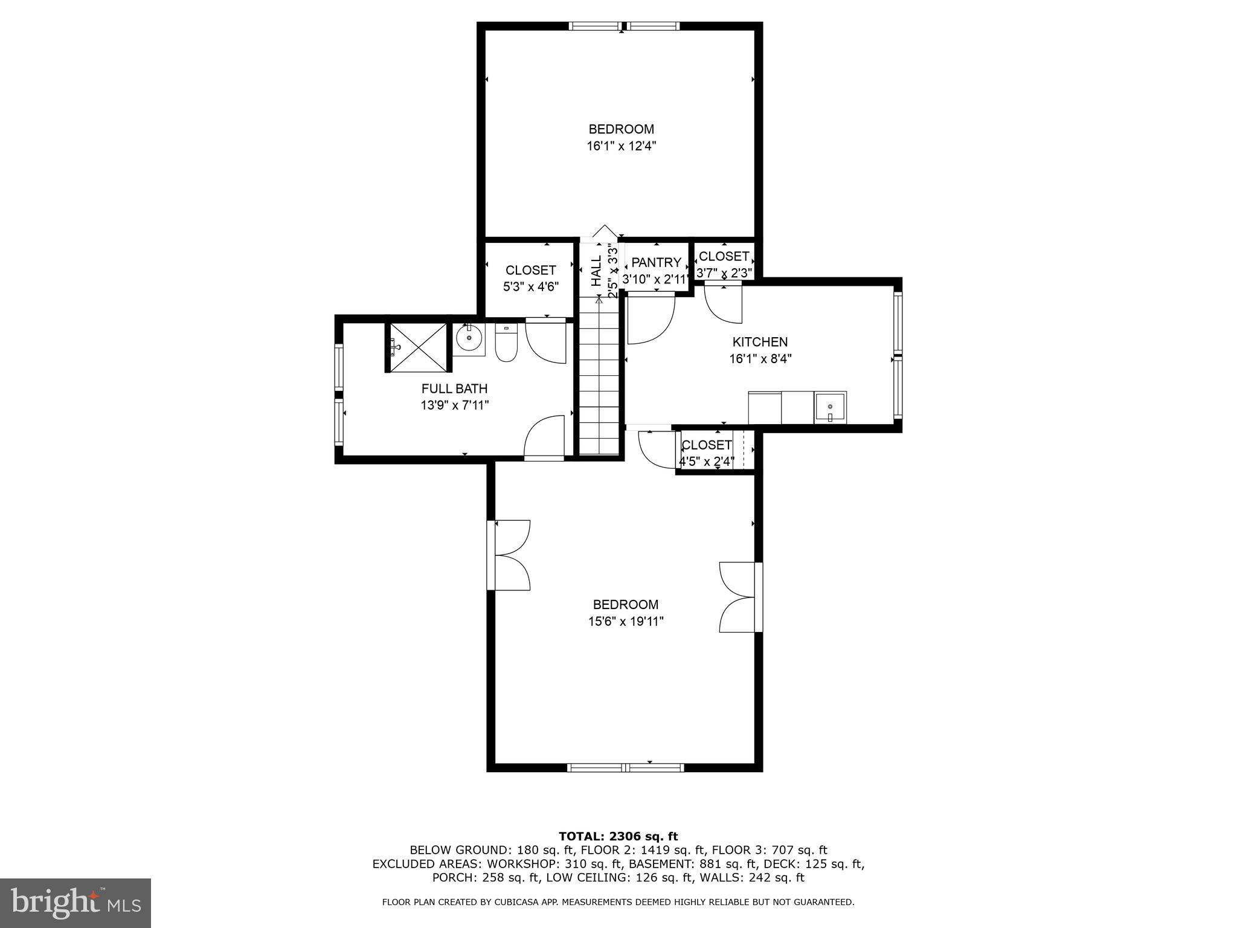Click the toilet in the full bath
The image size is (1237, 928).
point(506,344)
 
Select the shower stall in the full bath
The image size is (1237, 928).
point(418,347)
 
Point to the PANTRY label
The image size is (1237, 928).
point(656,262)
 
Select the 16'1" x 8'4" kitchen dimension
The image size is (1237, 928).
point(760,359)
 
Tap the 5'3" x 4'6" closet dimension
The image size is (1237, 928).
point(530,287)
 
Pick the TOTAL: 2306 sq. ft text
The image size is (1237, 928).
point(618,836)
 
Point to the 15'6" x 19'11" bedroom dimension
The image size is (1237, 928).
point(626,621)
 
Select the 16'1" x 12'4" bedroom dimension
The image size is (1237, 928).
point(621,146)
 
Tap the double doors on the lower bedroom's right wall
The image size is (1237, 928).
point(738,598)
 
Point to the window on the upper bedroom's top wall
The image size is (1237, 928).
point(624,26)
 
